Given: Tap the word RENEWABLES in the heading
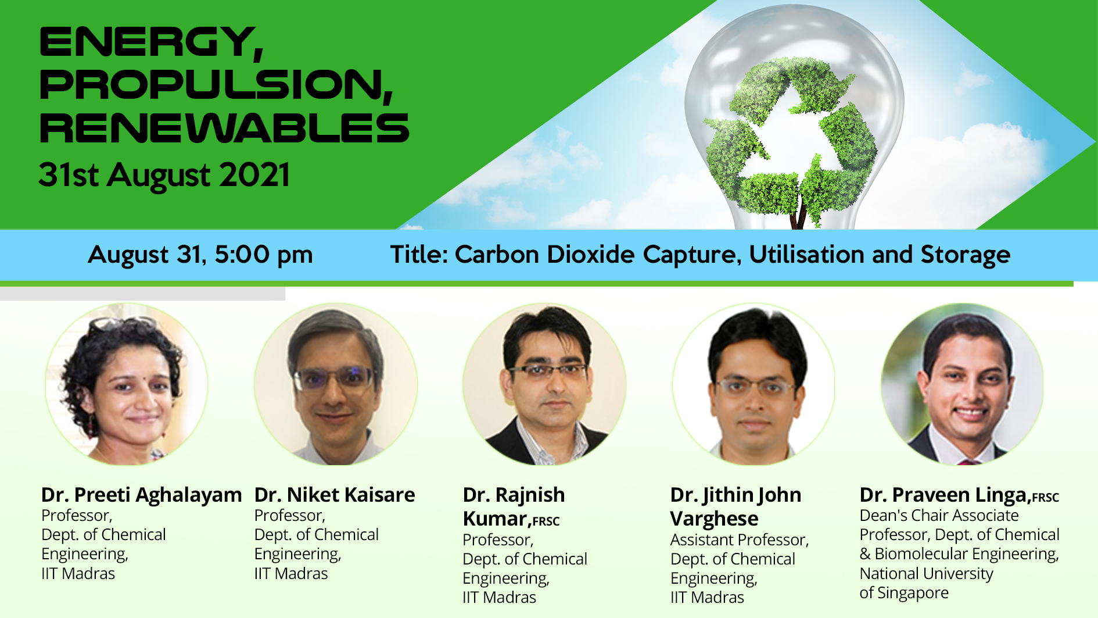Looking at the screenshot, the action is pos(224,128).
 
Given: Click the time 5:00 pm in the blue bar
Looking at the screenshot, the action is pos(264,255).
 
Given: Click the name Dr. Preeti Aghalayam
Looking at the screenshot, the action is pos(141,495).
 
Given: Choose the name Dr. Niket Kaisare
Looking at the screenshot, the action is pos(335,495).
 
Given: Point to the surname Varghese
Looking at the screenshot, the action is pos(714,519).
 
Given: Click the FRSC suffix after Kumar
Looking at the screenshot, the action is pos(546,521).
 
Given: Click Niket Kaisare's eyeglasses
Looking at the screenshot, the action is pos(335,378).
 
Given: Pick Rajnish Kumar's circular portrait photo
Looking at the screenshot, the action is pos(544,384).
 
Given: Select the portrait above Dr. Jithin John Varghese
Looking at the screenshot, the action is pos(753,384).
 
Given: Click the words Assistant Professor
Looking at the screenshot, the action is pos(739,540).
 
